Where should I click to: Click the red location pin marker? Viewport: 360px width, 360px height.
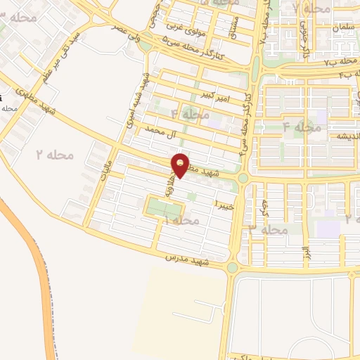181,164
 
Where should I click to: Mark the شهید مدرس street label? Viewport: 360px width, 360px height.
181,259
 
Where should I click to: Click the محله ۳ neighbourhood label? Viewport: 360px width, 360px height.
269,230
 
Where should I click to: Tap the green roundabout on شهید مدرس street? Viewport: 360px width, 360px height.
232,267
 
